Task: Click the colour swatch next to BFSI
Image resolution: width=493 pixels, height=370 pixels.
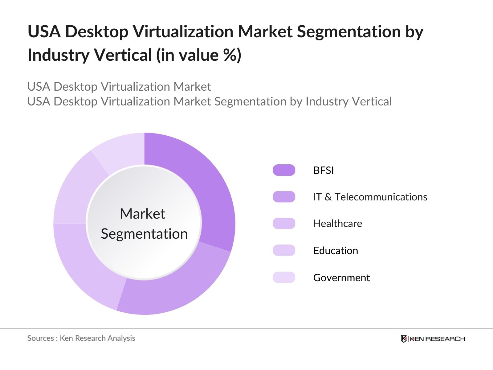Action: point(284,170)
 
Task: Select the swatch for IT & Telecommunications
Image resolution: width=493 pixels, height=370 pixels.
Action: point(284,197)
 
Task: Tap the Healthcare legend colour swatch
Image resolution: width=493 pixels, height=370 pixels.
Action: point(284,223)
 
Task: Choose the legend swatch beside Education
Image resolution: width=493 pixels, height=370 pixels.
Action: point(284,250)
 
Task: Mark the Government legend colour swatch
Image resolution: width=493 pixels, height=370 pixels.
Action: point(284,277)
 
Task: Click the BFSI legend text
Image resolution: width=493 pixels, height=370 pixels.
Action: point(324,170)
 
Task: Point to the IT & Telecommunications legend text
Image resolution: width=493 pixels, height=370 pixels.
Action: point(370,197)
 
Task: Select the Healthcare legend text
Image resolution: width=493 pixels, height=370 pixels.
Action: point(337,223)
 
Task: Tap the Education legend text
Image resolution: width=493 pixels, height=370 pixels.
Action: point(336,250)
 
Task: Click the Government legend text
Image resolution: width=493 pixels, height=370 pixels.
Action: point(341,277)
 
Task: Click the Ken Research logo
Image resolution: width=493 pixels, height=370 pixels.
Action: point(433,339)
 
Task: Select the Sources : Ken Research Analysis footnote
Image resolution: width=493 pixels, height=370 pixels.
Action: point(81,338)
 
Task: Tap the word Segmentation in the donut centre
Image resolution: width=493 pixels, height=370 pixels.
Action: point(144,234)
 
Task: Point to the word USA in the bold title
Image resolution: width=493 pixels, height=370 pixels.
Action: point(44,31)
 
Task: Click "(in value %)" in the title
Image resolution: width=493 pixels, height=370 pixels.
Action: point(199,55)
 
